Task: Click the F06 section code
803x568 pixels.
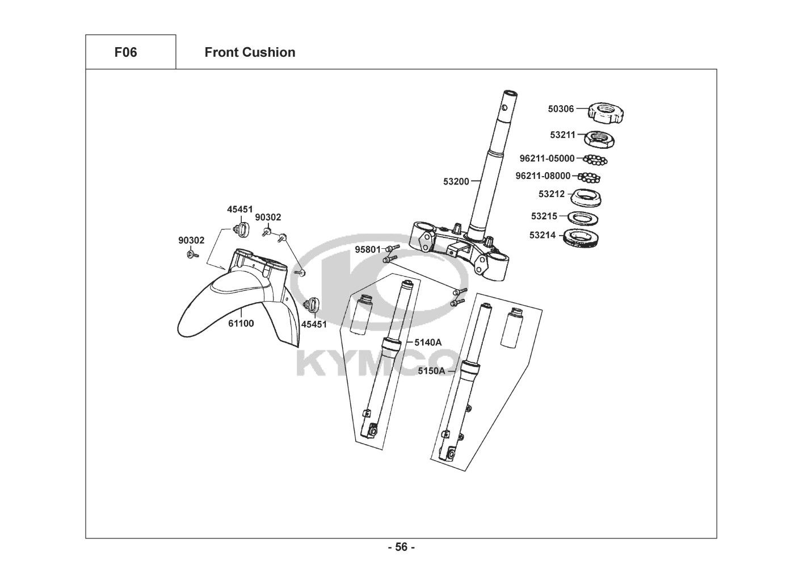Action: [x=125, y=52]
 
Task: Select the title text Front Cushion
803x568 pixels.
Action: [x=250, y=52]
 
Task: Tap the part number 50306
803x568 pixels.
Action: [x=561, y=108]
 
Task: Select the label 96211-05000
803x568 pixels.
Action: [x=546, y=158]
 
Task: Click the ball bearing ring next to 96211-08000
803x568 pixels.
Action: [x=589, y=177]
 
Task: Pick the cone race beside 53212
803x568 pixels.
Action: [x=586, y=198]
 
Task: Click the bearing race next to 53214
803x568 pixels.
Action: [x=581, y=238]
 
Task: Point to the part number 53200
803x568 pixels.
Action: [x=456, y=182]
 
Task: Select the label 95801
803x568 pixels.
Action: [x=368, y=249]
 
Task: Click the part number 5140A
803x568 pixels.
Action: [x=428, y=343]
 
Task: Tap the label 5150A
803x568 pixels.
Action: [x=431, y=371]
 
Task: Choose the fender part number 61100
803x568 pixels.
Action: [x=241, y=324]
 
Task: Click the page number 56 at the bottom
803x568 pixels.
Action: [x=402, y=547]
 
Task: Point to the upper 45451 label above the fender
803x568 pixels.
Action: [x=240, y=209]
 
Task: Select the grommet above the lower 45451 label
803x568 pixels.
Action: [x=312, y=304]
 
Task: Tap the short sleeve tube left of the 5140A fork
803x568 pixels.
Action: [x=361, y=314]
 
